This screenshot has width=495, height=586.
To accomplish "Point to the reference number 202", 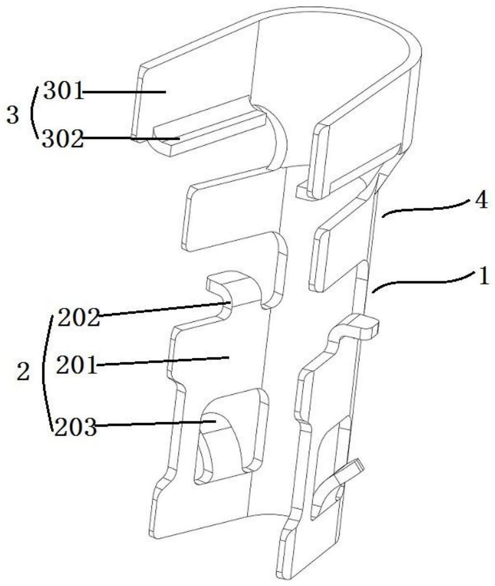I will pyautogui.click(x=78, y=317).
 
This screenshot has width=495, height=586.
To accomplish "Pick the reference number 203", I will pyautogui.click(x=76, y=427).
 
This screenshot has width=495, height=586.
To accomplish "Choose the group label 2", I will pyautogui.click(x=22, y=373).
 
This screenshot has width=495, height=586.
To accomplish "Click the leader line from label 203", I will pyautogui.click(x=154, y=423).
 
